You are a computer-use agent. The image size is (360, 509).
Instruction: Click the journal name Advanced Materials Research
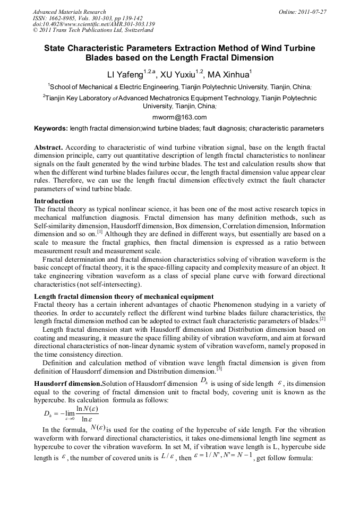click(69, 12)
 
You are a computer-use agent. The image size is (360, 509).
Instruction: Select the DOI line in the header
click(93, 24)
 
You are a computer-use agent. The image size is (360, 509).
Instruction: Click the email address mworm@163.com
click(180, 117)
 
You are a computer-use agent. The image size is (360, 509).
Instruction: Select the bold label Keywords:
click(51, 128)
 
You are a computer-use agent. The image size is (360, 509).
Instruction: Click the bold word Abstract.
click(49, 146)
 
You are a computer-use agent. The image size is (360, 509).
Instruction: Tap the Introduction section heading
click(54, 201)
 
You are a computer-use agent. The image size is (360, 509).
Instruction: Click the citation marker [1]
click(100, 232)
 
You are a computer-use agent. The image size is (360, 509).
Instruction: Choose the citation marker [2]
click(322, 319)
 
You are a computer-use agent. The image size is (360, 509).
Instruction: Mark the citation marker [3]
click(219, 369)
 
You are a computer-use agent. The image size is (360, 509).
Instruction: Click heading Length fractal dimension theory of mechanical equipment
click(124, 296)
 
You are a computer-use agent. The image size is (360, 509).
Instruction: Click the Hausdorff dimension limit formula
click(71, 413)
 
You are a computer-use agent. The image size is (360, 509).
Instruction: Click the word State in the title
click(56, 48)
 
